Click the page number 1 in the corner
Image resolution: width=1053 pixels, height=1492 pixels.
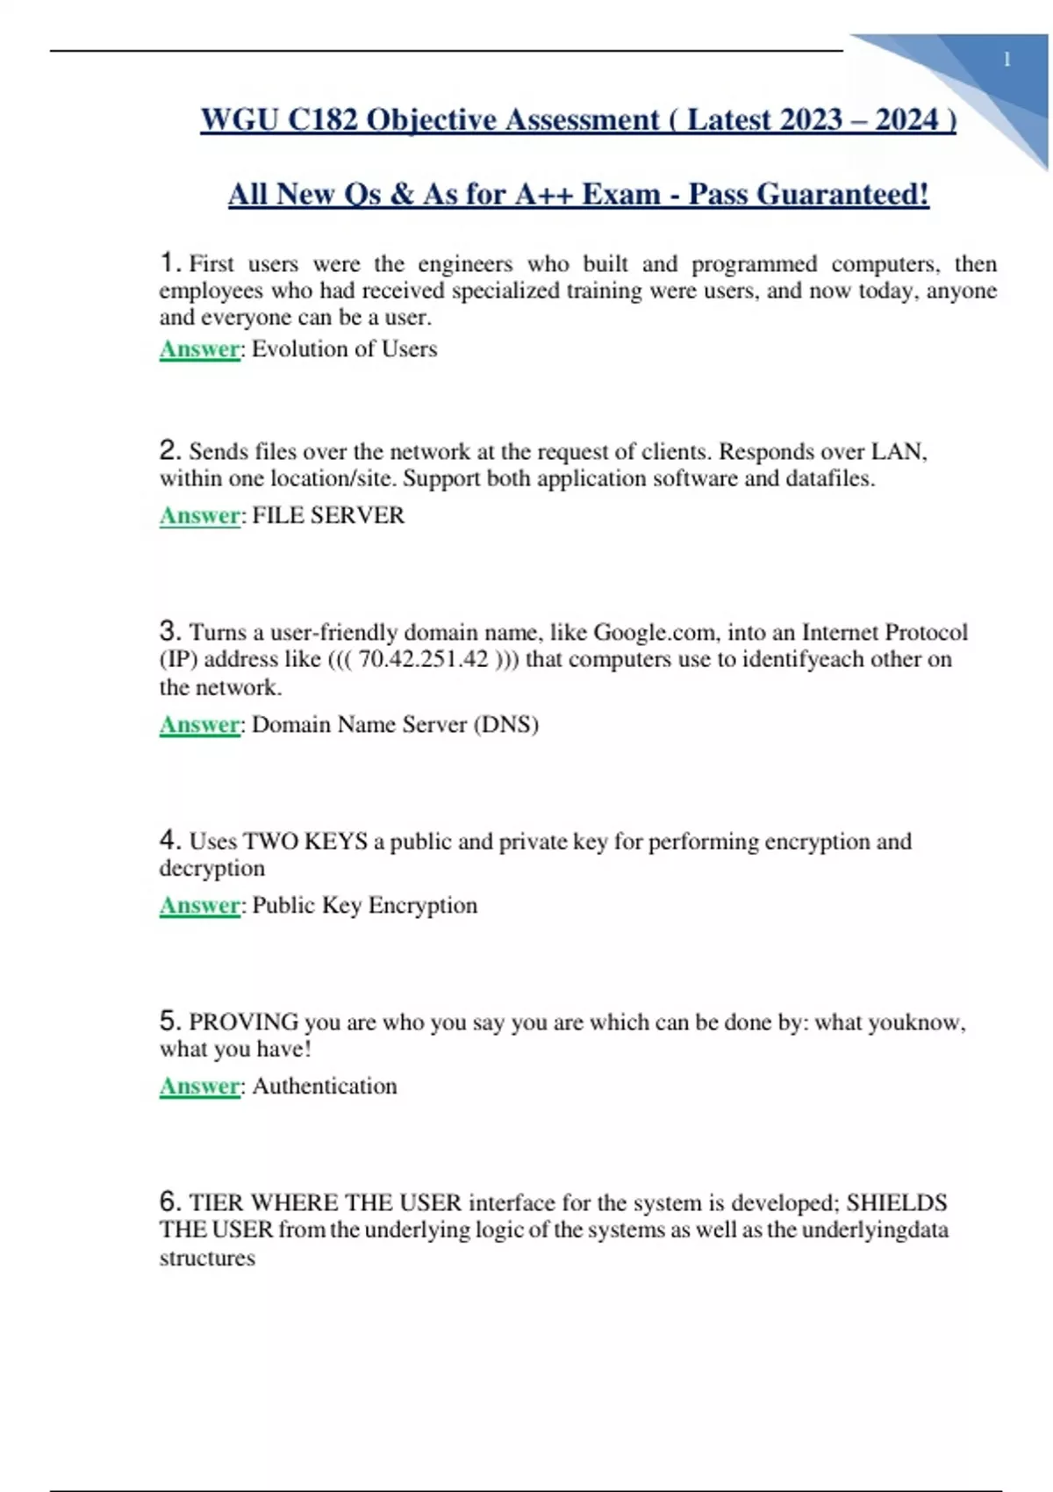1006,60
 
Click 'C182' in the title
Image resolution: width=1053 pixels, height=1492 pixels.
322,119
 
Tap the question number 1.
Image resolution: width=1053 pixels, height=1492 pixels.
169,262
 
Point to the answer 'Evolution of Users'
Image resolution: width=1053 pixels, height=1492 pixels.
344,349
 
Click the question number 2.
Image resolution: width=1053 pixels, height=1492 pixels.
169,450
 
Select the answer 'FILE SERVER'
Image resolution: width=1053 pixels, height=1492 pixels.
328,515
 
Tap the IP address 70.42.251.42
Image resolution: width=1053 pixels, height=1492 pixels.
423,659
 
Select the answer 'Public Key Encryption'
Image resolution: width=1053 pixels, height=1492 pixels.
364,906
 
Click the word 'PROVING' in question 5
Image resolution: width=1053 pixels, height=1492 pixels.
244,1022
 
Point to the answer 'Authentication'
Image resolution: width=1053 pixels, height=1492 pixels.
325,1087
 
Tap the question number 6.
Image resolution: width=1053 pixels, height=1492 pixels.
169,1201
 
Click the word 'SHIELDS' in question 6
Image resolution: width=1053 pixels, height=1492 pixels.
896,1203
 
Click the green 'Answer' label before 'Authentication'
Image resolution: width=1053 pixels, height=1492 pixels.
199,1087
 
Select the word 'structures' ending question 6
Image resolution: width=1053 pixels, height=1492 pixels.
207,1259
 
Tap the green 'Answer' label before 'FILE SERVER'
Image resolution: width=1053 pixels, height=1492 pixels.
199,515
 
